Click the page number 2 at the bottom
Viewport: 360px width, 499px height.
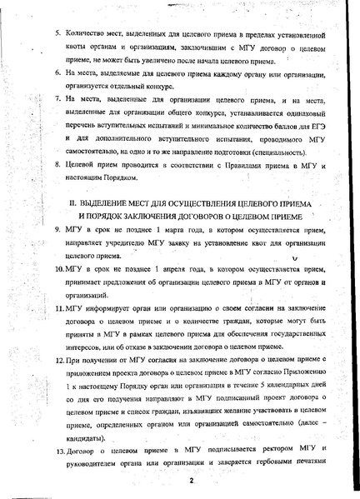pyautogui.click(x=192, y=481)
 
